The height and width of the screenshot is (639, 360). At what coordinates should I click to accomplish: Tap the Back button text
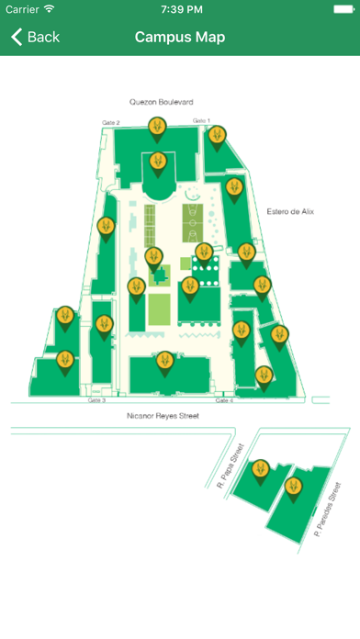point(43,38)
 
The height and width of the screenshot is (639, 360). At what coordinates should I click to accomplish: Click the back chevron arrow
point(16,38)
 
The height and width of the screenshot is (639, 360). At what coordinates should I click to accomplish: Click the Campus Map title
point(180,38)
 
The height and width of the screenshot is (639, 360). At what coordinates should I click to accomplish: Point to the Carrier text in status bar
point(23,8)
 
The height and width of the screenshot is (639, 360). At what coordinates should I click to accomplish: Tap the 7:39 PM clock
point(180,8)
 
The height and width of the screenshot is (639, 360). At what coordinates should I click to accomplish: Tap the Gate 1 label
point(201,121)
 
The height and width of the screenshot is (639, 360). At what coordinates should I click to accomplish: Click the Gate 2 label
point(110,122)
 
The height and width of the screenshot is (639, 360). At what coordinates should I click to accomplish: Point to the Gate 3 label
point(96,401)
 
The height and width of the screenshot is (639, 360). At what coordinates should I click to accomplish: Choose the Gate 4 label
point(224,401)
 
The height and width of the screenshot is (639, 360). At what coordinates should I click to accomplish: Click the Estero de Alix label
point(290,211)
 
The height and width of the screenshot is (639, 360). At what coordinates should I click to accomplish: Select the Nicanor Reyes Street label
point(163,416)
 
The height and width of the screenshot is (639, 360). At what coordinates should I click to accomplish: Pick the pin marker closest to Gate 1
point(216,137)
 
